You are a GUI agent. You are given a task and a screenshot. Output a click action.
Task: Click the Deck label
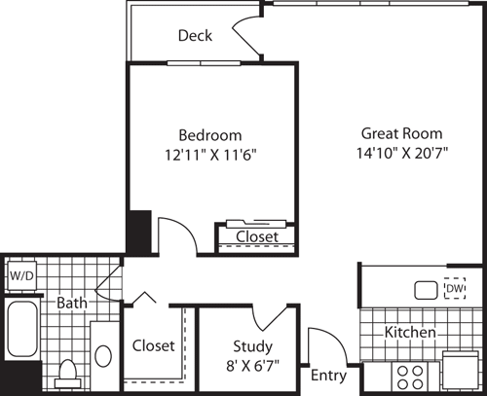[195, 36]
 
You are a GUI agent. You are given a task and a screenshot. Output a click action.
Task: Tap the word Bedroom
[209, 134]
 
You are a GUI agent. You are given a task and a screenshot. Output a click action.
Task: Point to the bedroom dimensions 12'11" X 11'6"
[209, 154]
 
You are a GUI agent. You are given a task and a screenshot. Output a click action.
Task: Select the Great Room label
[401, 133]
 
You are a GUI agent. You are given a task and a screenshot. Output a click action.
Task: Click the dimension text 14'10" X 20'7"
[401, 153]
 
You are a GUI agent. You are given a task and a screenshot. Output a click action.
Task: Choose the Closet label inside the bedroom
[257, 236]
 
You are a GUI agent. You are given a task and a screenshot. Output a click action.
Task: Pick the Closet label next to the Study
[153, 345]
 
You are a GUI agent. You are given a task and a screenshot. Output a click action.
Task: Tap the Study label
[252, 345]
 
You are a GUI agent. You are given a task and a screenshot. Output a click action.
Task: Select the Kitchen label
[409, 333]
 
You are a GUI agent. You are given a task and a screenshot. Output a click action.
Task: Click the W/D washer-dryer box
[20, 275]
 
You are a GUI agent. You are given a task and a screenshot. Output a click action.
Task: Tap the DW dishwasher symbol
[455, 289]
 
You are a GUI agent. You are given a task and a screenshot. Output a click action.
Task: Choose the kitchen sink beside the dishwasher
[426, 289]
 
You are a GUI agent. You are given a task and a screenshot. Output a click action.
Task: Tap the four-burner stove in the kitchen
[408, 374]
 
